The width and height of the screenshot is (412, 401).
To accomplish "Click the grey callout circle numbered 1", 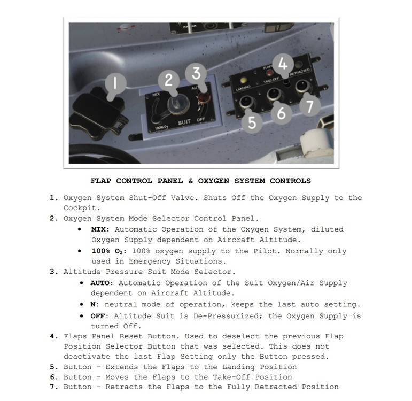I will (115, 84).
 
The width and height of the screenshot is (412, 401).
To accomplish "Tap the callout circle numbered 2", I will (168, 81).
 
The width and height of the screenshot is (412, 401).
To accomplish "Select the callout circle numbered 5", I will (252, 122).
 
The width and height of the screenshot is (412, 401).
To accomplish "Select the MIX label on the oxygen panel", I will (156, 95).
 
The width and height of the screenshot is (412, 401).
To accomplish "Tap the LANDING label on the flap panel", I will (244, 87).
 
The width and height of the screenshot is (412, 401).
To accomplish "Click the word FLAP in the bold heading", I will (102, 181).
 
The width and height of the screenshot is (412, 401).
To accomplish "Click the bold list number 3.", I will (53, 272).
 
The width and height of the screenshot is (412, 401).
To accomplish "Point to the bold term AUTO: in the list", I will (102, 283).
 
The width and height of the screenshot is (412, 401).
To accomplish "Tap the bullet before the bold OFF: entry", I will (79, 316).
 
